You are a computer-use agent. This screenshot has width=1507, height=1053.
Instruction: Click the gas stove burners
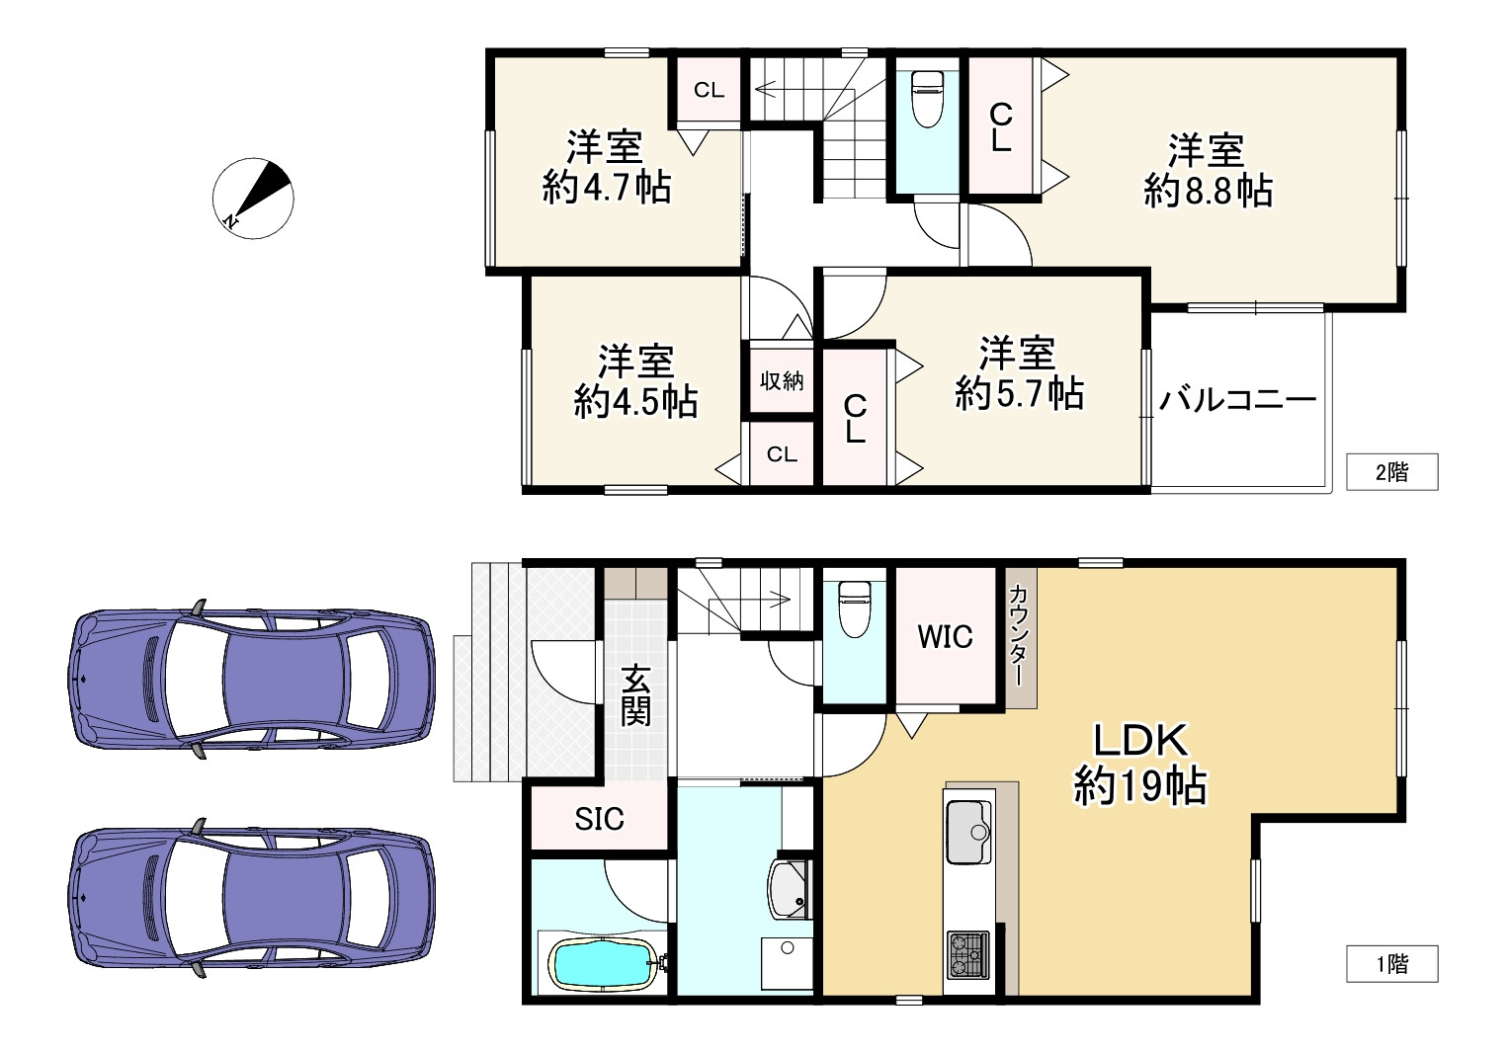(x=967, y=955)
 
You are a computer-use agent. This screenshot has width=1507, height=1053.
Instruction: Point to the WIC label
(x=945, y=637)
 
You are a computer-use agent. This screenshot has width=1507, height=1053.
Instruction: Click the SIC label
(x=600, y=818)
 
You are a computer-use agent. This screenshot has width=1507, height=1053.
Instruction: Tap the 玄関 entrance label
(x=636, y=696)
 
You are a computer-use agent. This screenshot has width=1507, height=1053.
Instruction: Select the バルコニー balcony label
(x=1238, y=400)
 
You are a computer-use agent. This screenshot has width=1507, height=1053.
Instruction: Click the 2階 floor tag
(x=1391, y=472)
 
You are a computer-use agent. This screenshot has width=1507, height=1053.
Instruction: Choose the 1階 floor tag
(x=1391, y=963)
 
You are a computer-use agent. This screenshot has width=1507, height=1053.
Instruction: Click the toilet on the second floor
(x=927, y=99)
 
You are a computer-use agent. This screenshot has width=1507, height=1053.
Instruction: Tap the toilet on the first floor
(x=853, y=609)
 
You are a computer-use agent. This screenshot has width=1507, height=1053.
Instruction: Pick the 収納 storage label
(x=782, y=380)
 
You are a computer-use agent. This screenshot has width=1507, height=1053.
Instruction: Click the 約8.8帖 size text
(x=1208, y=190)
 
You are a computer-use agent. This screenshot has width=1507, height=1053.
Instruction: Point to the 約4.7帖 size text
(x=606, y=186)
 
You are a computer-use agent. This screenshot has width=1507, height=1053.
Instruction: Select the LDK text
(x=1139, y=740)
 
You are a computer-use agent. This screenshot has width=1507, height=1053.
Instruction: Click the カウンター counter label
(x=1020, y=637)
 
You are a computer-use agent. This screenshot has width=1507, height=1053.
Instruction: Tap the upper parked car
(x=252, y=678)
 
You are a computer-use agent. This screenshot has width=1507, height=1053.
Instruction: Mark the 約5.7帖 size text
(x=1019, y=393)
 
